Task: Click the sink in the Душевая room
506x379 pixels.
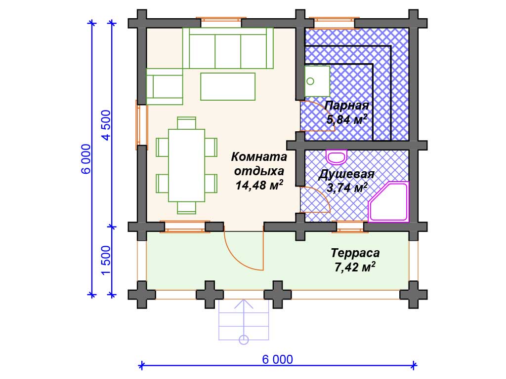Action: click(x=336, y=157)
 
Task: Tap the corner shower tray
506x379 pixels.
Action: click(x=388, y=202)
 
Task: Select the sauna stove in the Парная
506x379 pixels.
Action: click(x=317, y=81)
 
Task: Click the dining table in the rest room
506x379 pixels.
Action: click(x=186, y=165)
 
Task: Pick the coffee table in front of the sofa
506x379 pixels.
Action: click(x=228, y=86)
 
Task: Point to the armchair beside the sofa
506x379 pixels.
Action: click(x=165, y=86)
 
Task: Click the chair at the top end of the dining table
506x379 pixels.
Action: click(x=186, y=123)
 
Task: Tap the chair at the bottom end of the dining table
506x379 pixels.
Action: click(x=186, y=208)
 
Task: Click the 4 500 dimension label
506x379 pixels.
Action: click(x=106, y=125)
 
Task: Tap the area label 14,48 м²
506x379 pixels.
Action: click(x=259, y=186)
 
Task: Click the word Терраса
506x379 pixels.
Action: click(x=355, y=253)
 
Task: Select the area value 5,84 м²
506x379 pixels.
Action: click(x=346, y=119)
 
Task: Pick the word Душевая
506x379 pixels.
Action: click(x=346, y=174)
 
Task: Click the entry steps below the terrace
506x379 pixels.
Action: click(x=244, y=320)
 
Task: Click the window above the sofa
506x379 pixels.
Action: click(x=221, y=22)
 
